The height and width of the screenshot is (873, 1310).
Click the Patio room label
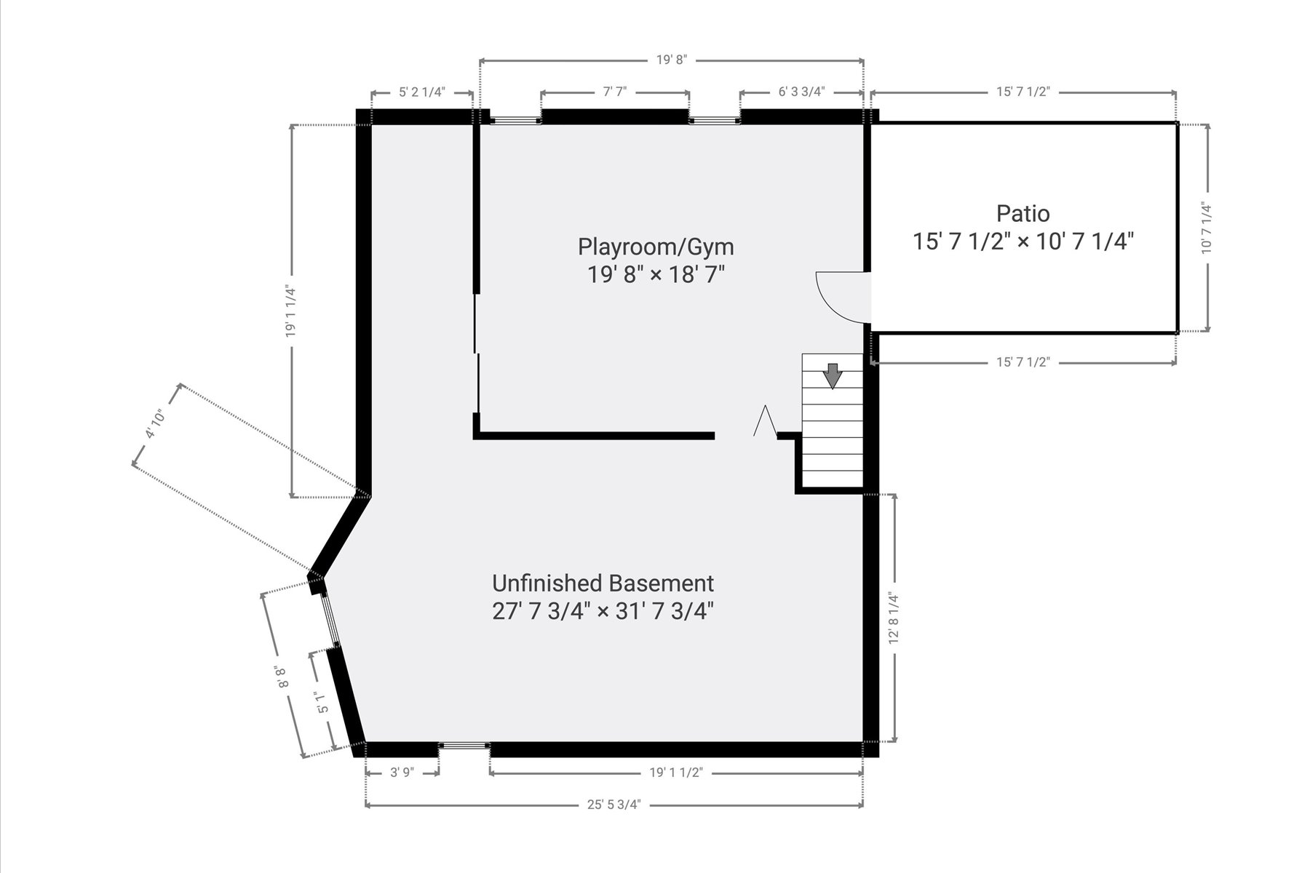1023,213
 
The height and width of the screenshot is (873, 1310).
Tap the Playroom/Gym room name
656,247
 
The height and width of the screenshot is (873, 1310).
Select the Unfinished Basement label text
603,583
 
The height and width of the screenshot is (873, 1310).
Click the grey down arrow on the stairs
832,375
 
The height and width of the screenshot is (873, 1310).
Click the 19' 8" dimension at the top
671,60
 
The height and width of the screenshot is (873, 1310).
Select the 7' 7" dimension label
615,92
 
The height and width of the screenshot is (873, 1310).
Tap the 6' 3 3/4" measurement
801,92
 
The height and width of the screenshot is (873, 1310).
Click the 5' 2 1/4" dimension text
422,92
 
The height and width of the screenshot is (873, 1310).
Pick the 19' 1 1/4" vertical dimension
292,311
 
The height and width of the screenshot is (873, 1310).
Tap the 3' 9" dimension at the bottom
402,773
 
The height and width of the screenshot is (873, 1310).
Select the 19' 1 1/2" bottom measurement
675,773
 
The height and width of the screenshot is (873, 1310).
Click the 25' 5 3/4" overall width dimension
614,805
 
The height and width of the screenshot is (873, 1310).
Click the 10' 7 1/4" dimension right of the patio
1207,228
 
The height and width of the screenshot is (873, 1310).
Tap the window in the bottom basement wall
464,745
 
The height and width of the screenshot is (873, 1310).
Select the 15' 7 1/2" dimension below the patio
1023,362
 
